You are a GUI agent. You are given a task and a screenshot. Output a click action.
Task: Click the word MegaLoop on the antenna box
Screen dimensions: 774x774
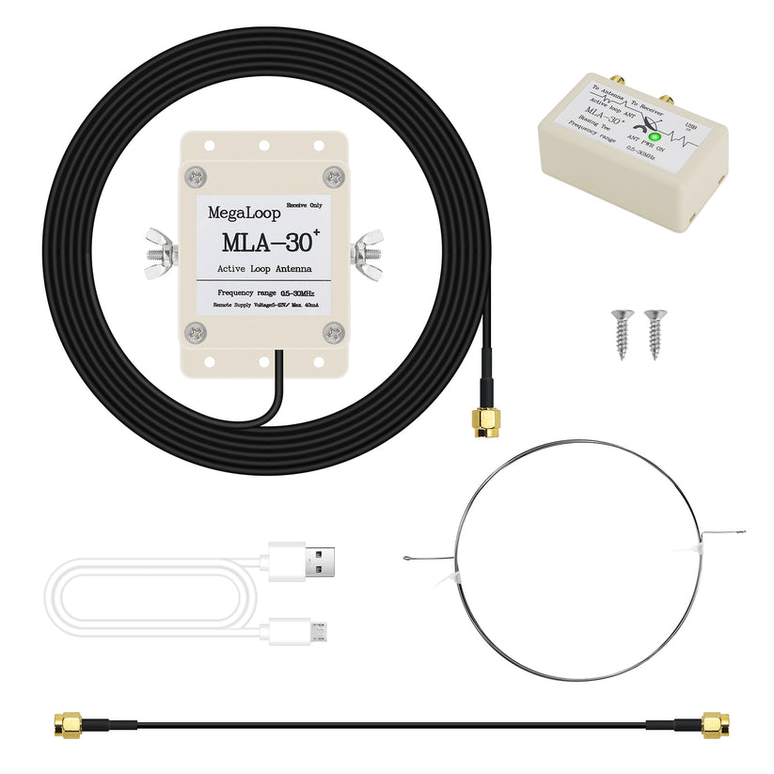point(231,213)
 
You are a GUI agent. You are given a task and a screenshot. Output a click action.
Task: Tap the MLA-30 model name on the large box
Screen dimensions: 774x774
point(265,242)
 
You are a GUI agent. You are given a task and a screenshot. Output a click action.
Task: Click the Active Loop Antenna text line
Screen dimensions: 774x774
point(264,271)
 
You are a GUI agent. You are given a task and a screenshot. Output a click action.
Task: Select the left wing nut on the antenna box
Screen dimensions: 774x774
point(162,254)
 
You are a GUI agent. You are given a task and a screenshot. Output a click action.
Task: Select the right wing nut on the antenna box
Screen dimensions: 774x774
point(368,253)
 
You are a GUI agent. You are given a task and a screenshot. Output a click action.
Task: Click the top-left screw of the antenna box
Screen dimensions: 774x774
point(197,176)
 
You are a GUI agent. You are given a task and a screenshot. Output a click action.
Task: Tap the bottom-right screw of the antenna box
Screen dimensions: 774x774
point(333,331)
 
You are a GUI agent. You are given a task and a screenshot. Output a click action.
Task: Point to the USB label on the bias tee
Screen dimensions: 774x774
point(692,124)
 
